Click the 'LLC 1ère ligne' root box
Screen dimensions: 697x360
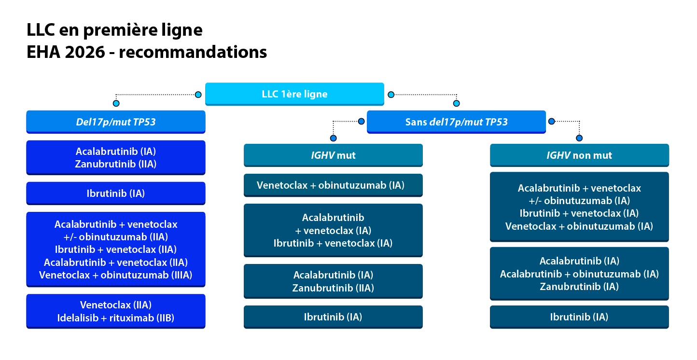(294, 94)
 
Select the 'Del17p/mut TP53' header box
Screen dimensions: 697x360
(116, 122)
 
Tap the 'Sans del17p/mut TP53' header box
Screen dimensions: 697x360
(456, 122)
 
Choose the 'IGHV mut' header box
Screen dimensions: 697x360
(333, 155)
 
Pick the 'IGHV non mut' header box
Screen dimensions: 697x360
(579, 155)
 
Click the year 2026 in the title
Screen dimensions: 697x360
(85, 52)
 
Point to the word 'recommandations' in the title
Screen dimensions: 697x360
(193, 52)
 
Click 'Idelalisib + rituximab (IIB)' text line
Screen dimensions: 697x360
(116, 318)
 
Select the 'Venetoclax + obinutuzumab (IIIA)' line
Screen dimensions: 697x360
(116, 275)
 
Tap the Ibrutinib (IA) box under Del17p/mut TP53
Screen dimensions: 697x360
(116, 193)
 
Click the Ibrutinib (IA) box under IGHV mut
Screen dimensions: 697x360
(333, 317)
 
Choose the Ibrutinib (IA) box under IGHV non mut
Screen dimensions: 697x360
(579, 317)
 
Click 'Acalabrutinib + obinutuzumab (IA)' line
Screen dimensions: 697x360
(579, 274)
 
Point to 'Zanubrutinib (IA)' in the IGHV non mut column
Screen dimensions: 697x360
(579, 286)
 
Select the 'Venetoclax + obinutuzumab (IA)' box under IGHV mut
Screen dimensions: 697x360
(333, 185)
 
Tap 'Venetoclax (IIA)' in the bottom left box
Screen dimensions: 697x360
(116, 305)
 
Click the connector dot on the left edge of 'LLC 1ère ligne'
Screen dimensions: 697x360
(198, 95)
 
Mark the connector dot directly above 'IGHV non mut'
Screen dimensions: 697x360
(579, 138)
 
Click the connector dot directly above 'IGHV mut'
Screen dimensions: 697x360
(333, 138)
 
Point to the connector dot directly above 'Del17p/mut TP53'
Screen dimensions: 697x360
(116, 103)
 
